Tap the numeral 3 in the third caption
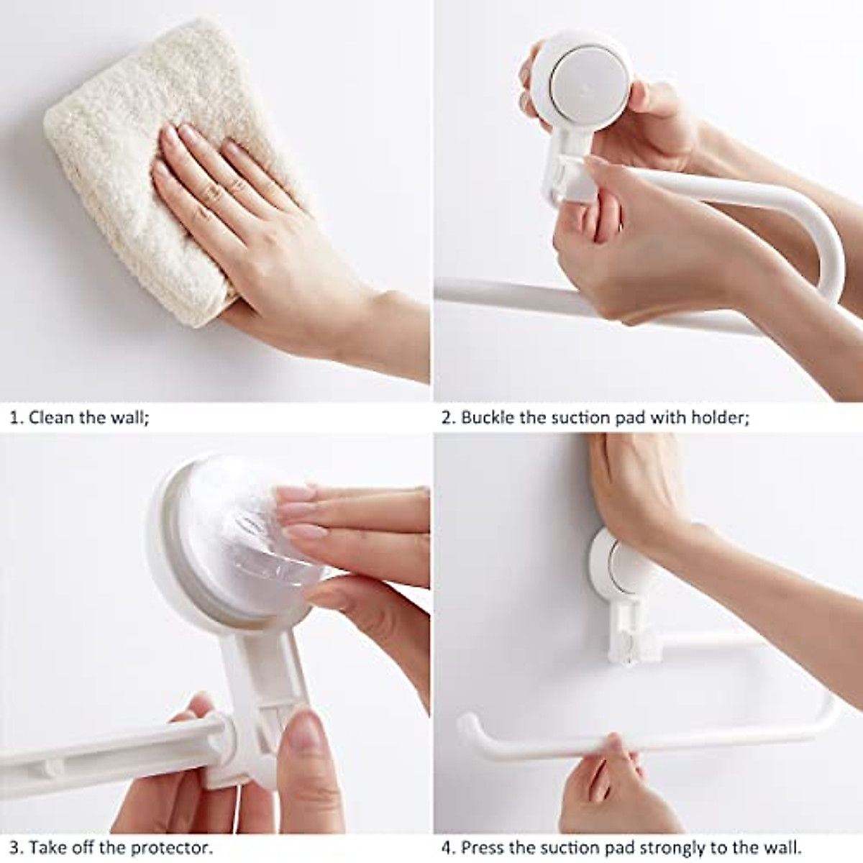[x=14, y=847]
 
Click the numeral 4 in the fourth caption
[x=447, y=847]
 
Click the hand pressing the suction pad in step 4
[x=640, y=489]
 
